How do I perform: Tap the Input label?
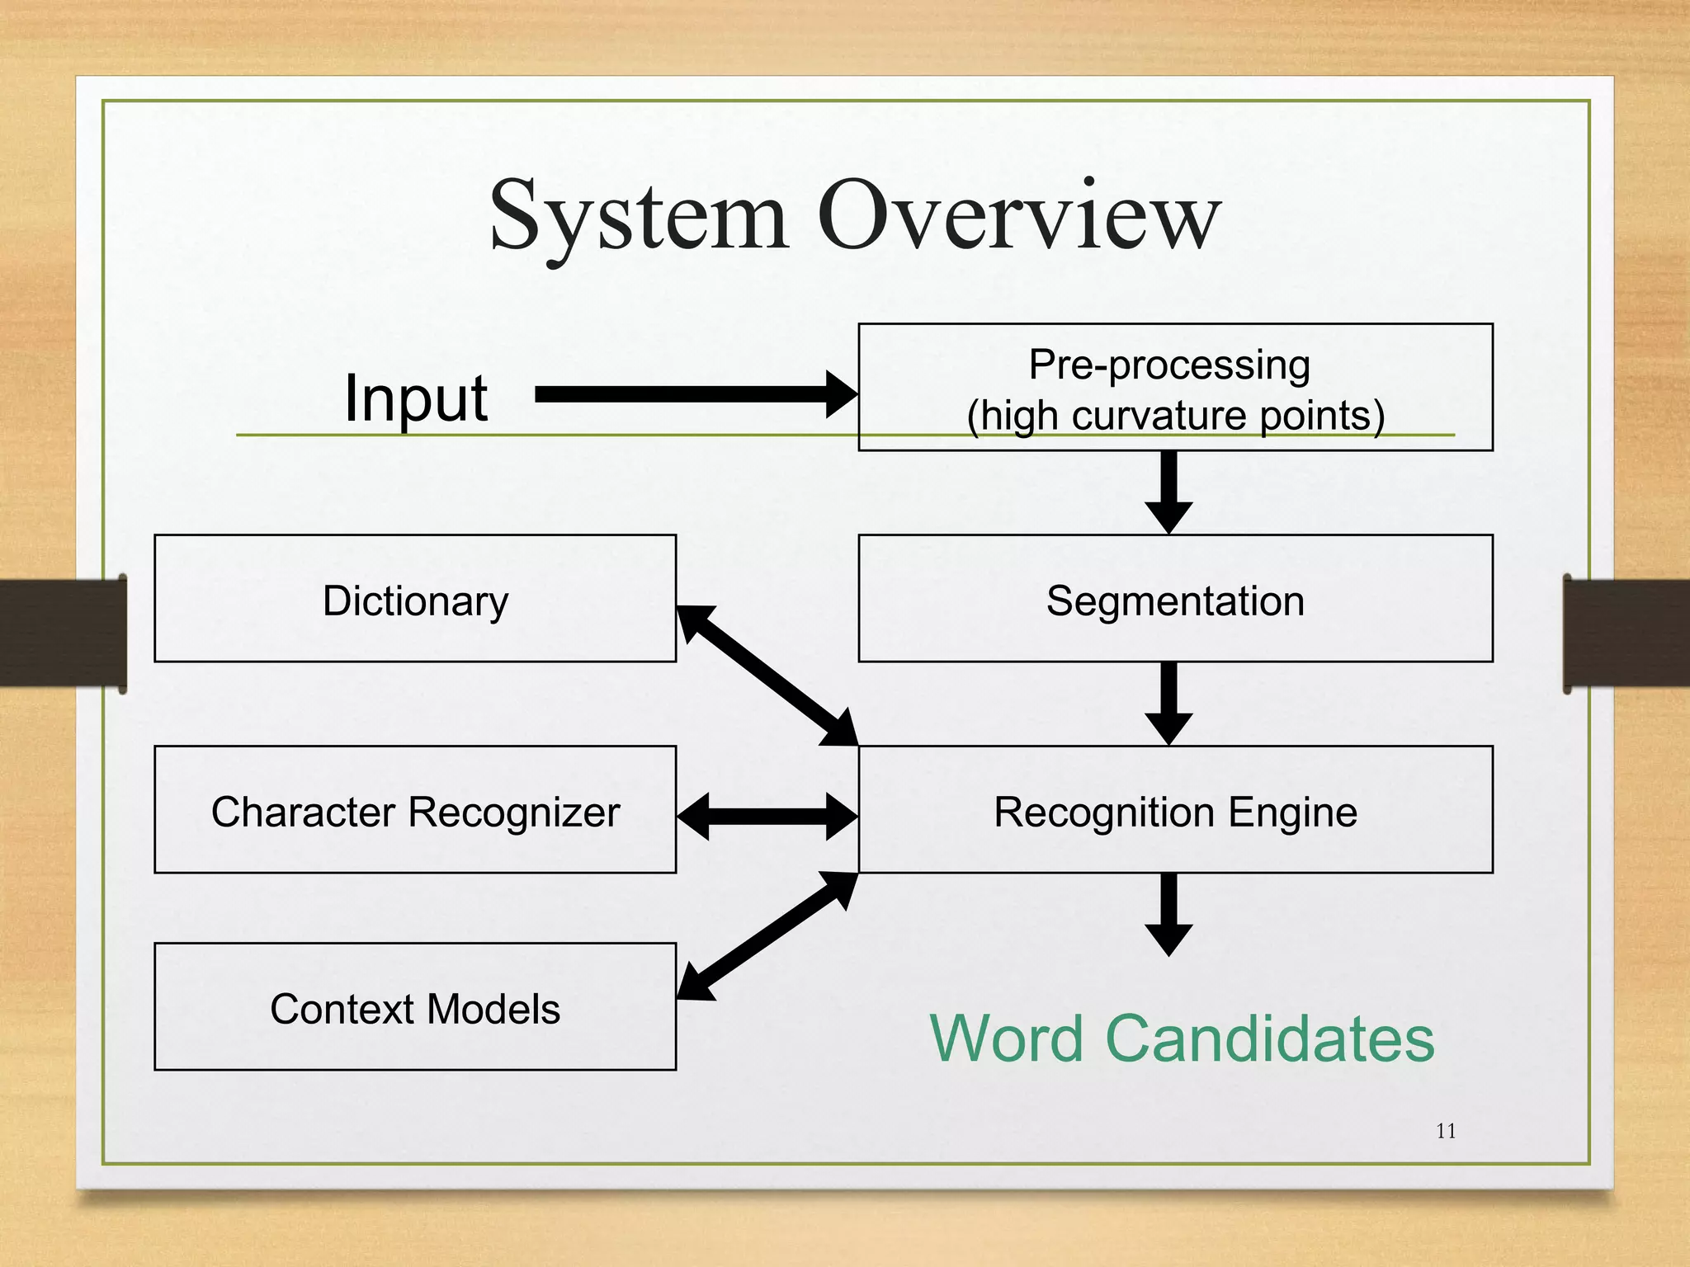pos(415,398)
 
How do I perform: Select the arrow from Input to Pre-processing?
pos(693,394)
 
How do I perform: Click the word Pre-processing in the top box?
pos(1169,365)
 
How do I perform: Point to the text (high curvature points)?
pos(1175,415)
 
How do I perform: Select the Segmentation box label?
pos(1175,601)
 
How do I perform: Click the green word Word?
pos(1006,1039)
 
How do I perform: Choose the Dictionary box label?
pos(415,601)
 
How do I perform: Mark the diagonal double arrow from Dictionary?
pos(767,676)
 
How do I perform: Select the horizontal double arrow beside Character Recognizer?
pos(767,817)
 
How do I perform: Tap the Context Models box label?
pos(415,1009)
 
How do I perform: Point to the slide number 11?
pos(1446,1131)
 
